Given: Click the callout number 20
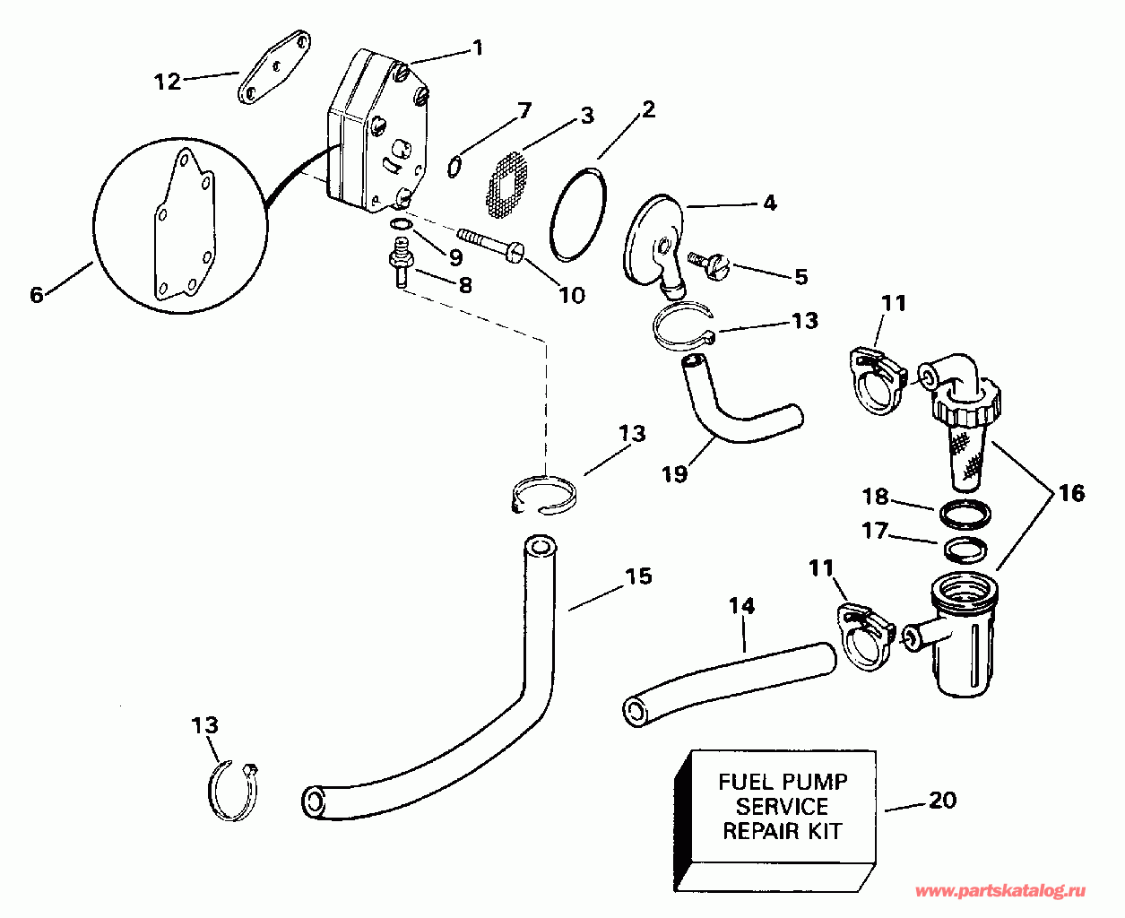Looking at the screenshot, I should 942,799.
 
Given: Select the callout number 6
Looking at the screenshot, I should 37,294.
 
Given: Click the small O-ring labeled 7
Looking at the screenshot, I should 455,163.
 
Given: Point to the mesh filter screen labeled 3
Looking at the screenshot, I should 506,185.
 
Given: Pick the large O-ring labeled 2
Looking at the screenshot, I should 578,213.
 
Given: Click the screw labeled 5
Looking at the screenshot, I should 712,264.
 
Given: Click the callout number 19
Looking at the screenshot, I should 674,472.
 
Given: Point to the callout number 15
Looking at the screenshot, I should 638,576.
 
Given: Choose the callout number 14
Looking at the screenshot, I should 741,606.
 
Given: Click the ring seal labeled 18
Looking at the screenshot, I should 966,515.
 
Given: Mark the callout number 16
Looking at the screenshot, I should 1070,493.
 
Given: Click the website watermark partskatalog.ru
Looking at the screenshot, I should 1000,891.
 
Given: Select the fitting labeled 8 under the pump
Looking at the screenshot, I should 399,260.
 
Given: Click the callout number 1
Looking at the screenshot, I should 477,47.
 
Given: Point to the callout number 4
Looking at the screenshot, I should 769,203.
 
